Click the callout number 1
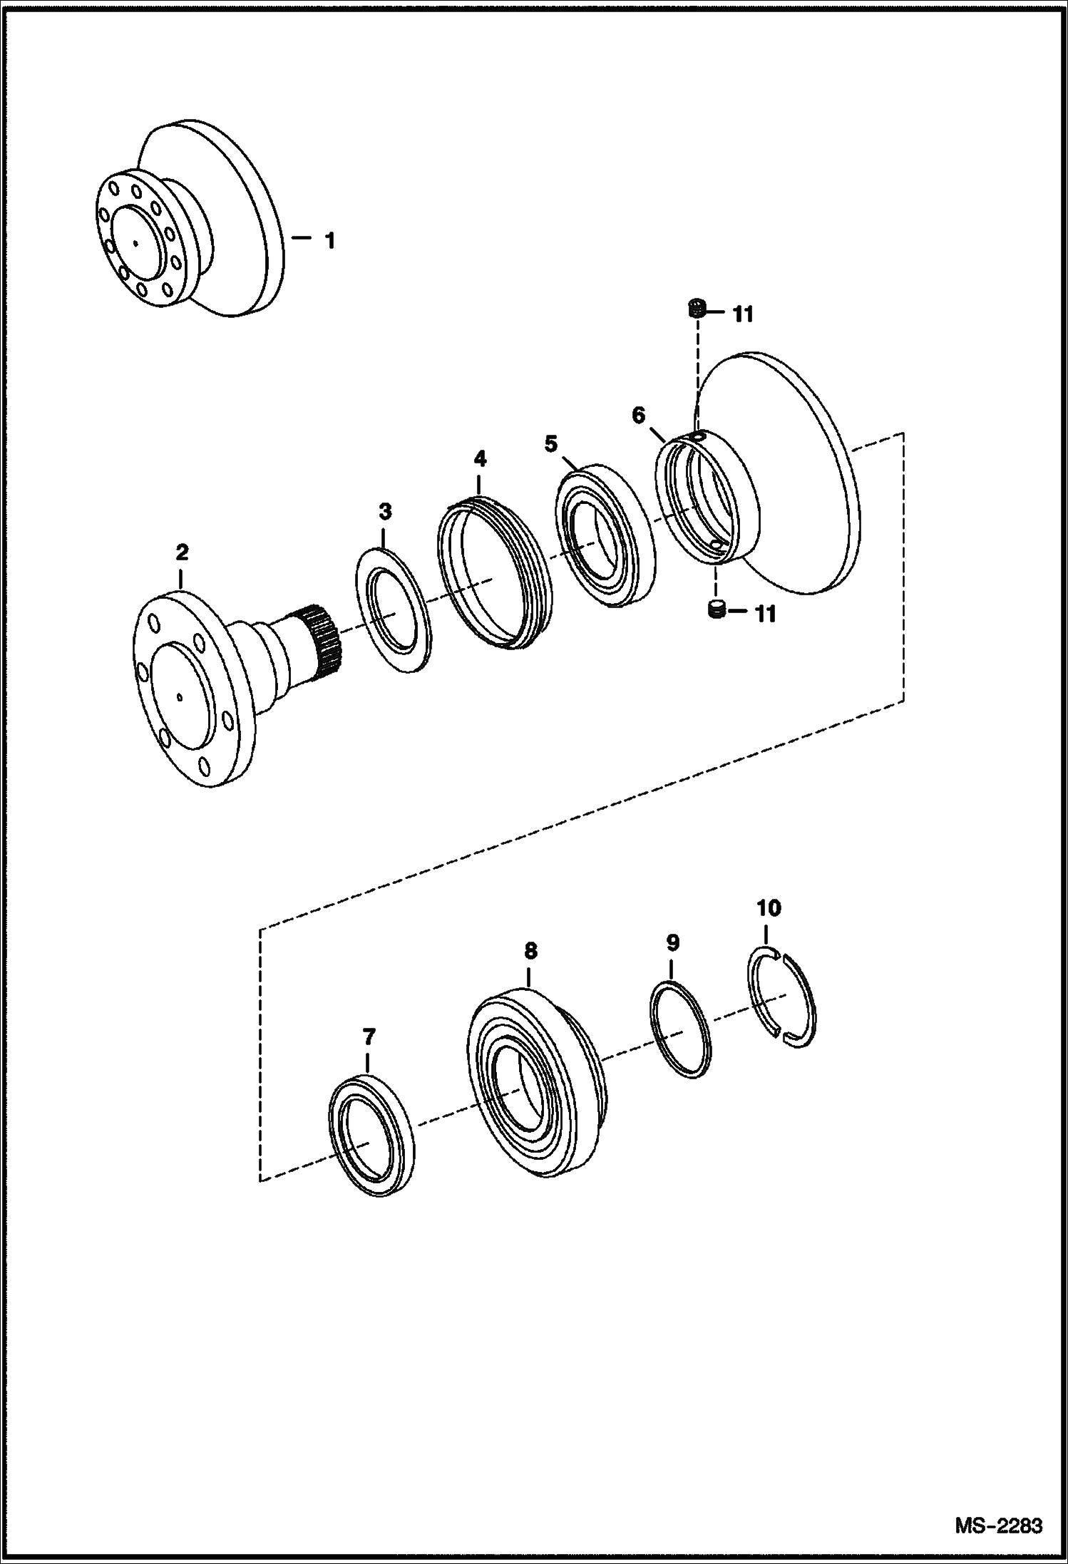(x=329, y=241)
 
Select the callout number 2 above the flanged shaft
(x=182, y=552)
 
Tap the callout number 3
(x=385, y=510)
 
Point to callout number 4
(x=480, y=458)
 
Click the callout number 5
(x=550, y=444)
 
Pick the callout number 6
(x=638, y=414)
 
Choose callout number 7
(x=368, y=1036)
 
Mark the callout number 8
(x=530, y=950)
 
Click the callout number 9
(x=672, y=942)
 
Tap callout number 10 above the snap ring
(x=769, y=907)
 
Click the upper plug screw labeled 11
(x=697, y=309)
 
